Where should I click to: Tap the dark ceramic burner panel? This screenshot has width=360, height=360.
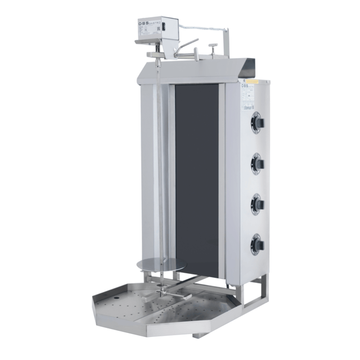197,180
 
